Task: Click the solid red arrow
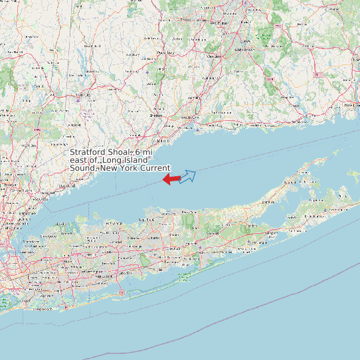click(171, 179)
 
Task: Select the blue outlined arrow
click(188, 176)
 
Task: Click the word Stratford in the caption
click(88, 153)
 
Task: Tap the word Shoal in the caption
click(121, 153)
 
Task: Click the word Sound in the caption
click(83, 168)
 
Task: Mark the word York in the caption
click(127, 168)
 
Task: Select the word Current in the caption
click(155, 168)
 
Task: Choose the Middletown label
click(245, 50)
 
